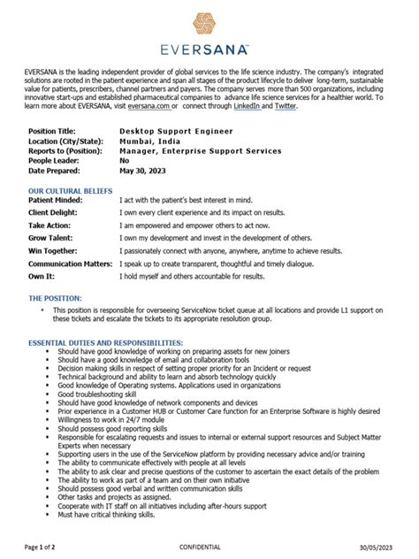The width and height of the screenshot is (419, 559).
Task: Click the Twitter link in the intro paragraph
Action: pyautogui.click(x=285, y=105)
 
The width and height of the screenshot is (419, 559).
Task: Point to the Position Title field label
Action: pyautogui.click(x=52, y=130)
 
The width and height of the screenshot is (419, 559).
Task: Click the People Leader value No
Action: pyautogui.click(x=125, y=162)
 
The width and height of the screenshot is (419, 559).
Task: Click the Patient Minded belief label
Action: pyautogui.click(x=57, y=201)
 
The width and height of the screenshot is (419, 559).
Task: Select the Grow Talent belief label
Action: pyautogui.click(x=51, y=239)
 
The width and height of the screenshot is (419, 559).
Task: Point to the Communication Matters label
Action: pyautogui.click(x=71, y=264)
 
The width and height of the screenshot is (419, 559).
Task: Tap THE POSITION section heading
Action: pyautogui.click(x=55, y=299)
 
